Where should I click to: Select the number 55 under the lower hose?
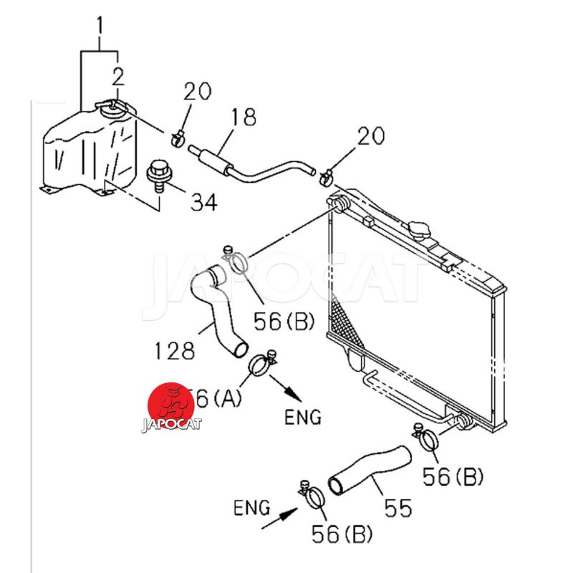click(x=395, y=508)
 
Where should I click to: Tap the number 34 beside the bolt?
click(x=203, y=203)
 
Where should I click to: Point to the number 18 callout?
click(x=243, y=117)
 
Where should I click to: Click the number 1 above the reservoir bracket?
click(x=100, y=27)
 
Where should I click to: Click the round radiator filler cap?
click(x=420, y=231)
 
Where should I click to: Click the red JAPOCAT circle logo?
click(x=171, y=406)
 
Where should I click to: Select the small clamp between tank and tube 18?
click(x=180, y=135)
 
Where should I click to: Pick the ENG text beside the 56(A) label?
click(x=304, y=416)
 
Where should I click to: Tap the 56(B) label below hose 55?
click(x=343, y=533)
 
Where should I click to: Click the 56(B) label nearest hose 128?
click(x=284, y=322)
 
